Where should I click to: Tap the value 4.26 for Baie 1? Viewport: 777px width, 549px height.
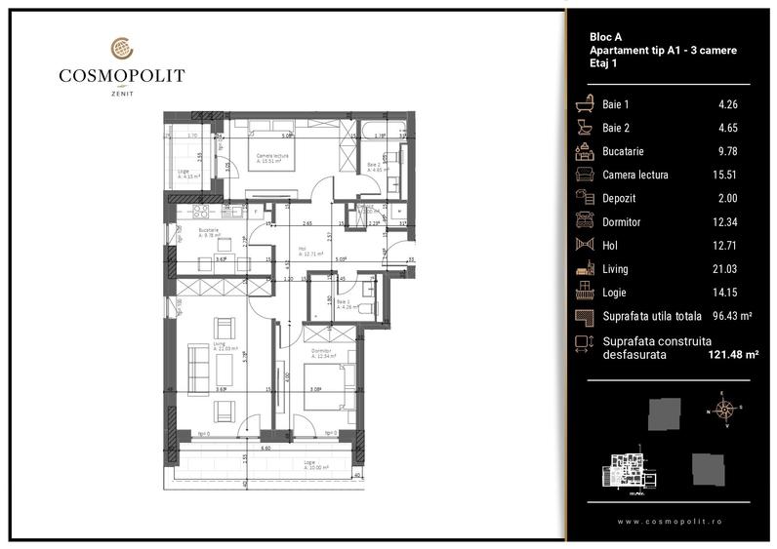723,104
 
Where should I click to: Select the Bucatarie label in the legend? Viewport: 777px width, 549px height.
623,151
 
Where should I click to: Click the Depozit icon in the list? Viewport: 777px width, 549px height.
586,198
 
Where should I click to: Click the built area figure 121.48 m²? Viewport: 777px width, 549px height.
732,355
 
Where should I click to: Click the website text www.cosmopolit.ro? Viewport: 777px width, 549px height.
669,522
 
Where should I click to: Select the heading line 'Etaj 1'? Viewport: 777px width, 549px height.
606,62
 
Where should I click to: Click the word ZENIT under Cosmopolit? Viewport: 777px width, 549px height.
121,94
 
